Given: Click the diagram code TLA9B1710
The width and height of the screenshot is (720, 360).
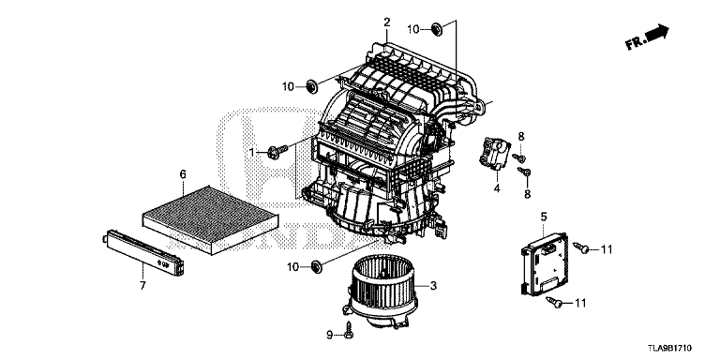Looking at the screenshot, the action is (x=669, y=349).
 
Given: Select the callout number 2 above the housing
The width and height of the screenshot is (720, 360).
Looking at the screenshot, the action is (x=386, y=22).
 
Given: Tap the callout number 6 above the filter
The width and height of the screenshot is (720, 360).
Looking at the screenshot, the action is (x=183, y=174).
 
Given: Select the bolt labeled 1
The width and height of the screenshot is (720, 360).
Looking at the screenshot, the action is (x=277, y=152).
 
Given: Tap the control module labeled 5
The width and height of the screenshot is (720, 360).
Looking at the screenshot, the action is (x=544, y=264).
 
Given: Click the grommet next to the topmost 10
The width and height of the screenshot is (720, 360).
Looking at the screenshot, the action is (x=437, y=30).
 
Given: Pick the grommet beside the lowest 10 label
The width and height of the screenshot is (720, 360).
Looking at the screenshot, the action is (x=316, y=266).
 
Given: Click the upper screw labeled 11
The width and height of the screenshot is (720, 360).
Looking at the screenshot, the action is (x=581, y=248).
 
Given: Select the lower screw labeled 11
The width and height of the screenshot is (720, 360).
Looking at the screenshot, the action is (x=555, y=302).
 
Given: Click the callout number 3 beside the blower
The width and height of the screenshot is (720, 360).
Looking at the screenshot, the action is (x=433, y=286).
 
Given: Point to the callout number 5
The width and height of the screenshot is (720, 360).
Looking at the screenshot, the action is (x=544, y=217).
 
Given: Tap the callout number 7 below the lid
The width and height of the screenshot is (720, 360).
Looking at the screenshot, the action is (x=142, y=286).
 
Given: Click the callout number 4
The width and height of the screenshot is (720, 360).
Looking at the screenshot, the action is (x=497, y=187).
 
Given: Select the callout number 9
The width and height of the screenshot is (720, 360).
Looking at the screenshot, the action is (x=330, y=336).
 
